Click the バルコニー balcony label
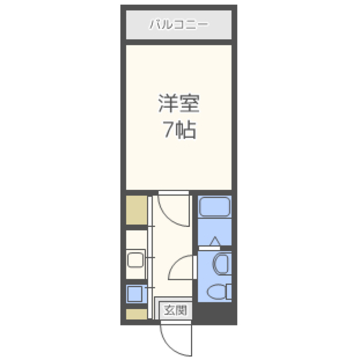(x=178, y=25)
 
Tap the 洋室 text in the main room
(x=178, y=105)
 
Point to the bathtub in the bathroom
(x=214, y=207)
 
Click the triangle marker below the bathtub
(x=214, y=242)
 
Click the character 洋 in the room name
(x=166, y=105)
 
